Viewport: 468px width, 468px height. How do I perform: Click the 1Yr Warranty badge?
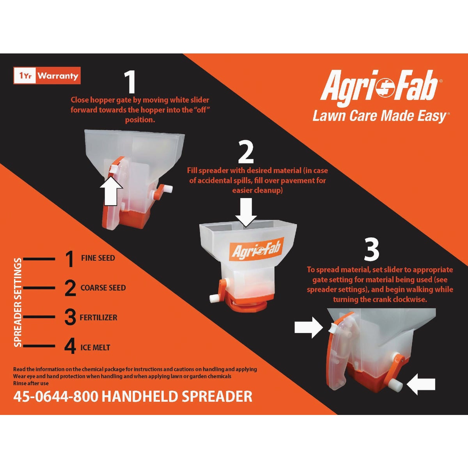(x=47, y=76)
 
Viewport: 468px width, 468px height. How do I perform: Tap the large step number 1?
(x=129, y=83)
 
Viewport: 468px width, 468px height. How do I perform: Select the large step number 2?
(x=246, y=152)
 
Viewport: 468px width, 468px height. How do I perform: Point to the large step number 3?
(x=371, y=250)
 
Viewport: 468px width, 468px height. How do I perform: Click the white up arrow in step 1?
(x=111, y=190)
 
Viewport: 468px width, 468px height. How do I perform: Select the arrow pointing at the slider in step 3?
(x=308, y=328)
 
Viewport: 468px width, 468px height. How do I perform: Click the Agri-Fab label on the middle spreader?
(x=256, y=249)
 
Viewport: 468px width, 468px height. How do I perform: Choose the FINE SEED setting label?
(x=98, y=258)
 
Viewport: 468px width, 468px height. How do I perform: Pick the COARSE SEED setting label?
(x=103, y=288)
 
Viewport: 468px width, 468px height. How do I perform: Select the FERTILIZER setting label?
(x=98, y=317)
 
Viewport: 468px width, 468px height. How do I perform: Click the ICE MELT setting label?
(x=95, y=347)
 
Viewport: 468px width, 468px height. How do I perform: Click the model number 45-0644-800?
(x=56, y=397)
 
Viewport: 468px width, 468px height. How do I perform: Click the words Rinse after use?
(x=31, y=383)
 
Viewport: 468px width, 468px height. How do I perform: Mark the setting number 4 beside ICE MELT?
(x=70, y=347)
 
